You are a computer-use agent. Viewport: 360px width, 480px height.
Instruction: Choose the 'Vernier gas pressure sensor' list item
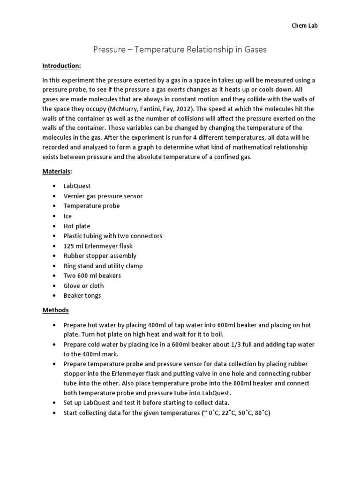[103, 196]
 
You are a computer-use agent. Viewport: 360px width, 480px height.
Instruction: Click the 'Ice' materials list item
[68, 216]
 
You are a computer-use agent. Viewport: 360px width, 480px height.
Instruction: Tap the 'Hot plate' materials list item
[77, 226]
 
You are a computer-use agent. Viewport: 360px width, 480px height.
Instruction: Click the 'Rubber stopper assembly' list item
[100, 256]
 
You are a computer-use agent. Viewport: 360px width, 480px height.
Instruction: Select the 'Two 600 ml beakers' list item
[92, 276]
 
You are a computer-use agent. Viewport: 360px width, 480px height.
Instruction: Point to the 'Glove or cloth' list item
[84, 285]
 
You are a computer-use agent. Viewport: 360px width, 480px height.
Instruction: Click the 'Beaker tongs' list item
[82, 296]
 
